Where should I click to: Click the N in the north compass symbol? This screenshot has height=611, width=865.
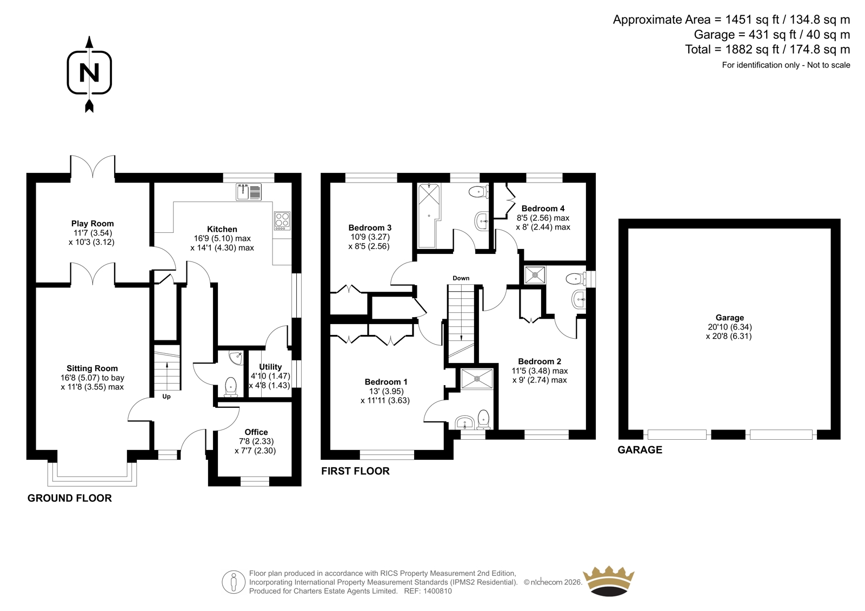[x=89, y=72]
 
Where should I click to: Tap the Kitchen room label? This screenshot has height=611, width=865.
[x=222, y=229]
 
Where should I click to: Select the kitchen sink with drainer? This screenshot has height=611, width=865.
[x=249, y=192]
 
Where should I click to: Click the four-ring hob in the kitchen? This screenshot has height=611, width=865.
[x=282, y=220]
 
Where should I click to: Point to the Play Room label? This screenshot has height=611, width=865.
[x=92, y=224]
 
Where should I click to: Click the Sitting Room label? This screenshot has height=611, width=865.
[x=92, y=368]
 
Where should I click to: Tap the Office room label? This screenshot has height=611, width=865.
[x=256, y=432]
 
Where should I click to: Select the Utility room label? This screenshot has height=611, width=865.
[x=270, y=367]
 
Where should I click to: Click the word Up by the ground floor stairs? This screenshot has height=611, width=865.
[x=167, y=397]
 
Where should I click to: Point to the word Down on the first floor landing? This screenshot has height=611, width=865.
[x=461, y=278]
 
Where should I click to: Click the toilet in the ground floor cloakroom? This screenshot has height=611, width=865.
[x=230, y=387]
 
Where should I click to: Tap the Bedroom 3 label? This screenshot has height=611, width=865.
[x=370, y=228]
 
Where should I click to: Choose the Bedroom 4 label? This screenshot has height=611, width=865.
[x=543, y=209]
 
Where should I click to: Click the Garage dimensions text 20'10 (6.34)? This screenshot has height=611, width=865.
[x=729, y=327]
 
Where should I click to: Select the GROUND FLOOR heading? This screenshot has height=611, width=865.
[x=70, y=498]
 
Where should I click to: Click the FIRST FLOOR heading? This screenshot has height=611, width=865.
[x=355, y=471]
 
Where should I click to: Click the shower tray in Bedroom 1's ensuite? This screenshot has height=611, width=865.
[x=477, y=379]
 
